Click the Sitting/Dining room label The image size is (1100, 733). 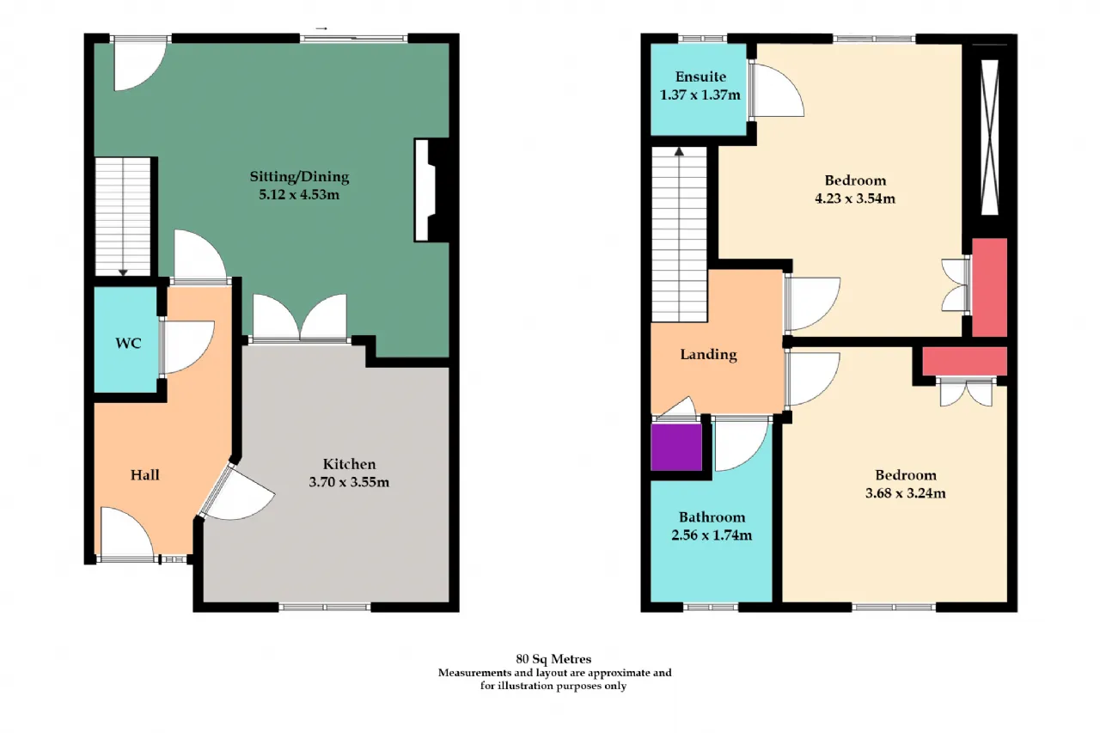pos(299,177)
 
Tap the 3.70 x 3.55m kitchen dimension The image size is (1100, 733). pos(349,482)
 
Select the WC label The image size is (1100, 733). pos(128,343)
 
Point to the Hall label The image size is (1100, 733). pos(145,474)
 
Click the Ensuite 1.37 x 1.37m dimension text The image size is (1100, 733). pos(700,95)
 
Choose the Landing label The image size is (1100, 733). pos(708,355)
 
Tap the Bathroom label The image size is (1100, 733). pos(712,517)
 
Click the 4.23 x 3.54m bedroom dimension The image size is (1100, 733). pos(855,199)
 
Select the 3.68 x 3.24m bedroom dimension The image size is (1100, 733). pos(905,493)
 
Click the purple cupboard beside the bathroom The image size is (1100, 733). pos(676,447)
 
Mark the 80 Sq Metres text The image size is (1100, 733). pos(553,659)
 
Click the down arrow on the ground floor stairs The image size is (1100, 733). pos(123,272)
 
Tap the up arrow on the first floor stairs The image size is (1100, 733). pos(679,152)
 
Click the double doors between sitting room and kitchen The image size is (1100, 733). pos(300,318)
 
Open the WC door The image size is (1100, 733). pos(187,347)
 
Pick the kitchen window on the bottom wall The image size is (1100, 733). pos(325,608)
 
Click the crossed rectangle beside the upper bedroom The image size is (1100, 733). pos(989,137)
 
